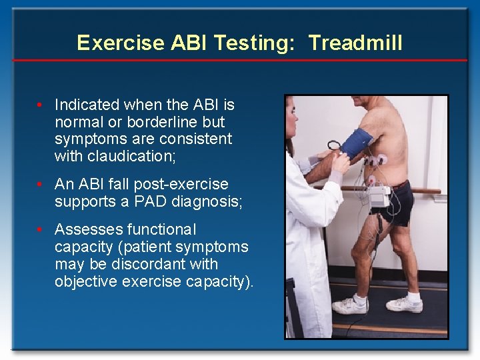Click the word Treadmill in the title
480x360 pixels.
pos(356,43)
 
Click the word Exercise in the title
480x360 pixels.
pos(121,43)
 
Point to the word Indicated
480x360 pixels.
pos(85,105)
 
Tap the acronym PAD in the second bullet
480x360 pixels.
pos(141,201)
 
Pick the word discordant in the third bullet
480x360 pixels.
pos(149,264)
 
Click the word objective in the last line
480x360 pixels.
pos(86,281)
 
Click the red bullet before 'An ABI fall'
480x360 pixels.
pos(41,184)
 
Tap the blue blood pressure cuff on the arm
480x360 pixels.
pos(357,142)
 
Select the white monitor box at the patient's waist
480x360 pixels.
pos(379,197)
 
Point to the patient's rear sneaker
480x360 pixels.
pos(405,303)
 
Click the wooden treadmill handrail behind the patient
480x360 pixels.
pos(427,191)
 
